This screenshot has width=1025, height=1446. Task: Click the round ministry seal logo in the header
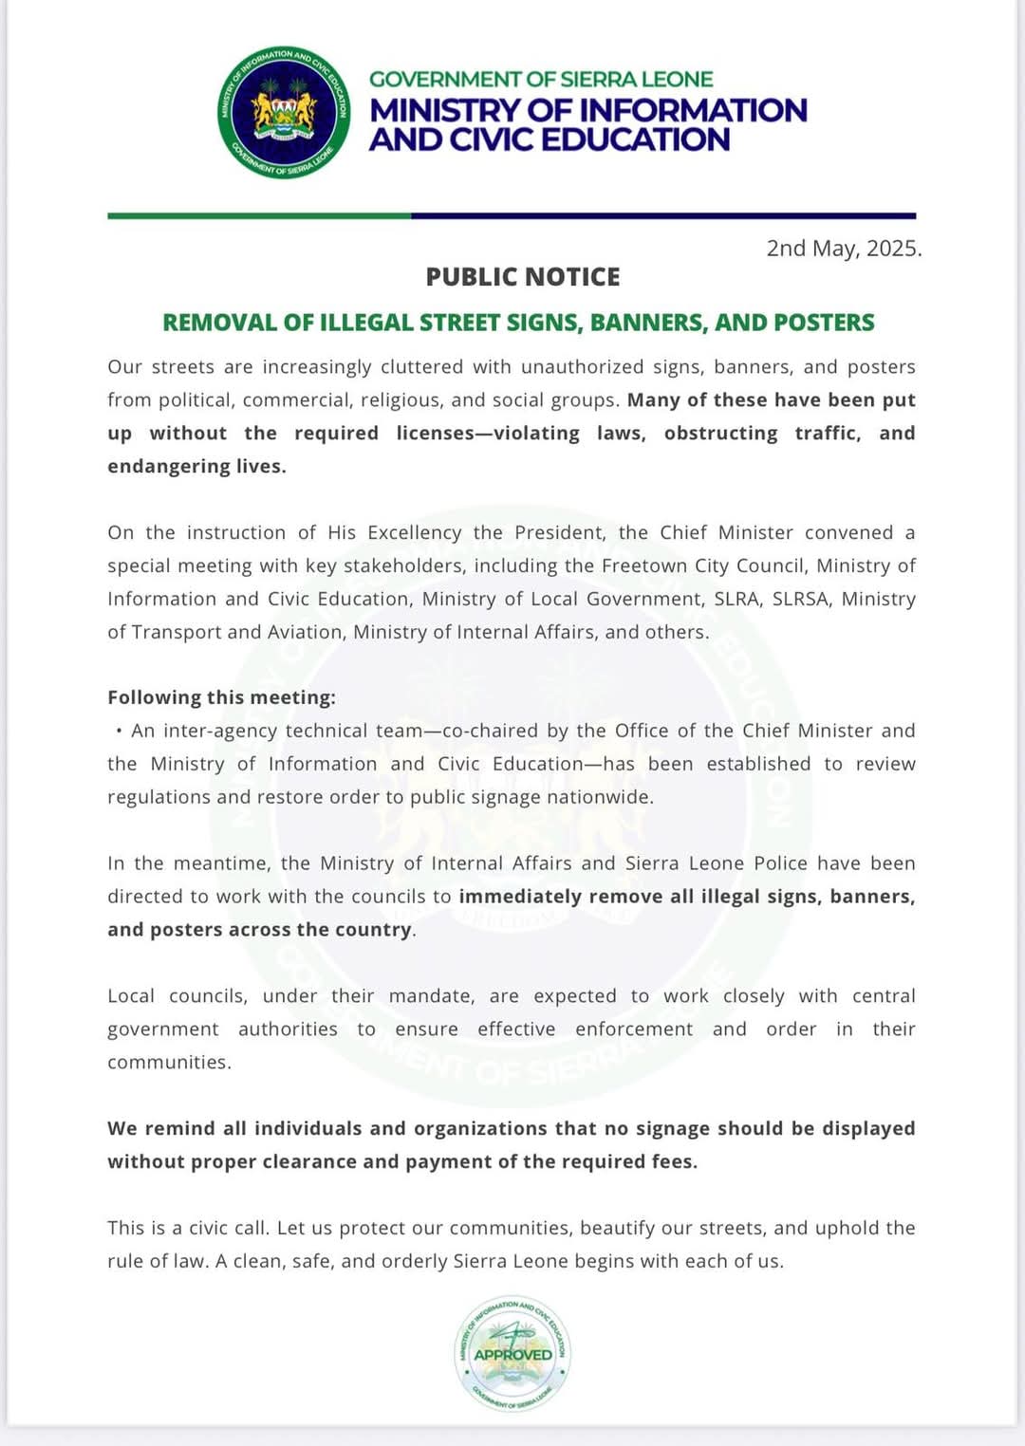point(284,112)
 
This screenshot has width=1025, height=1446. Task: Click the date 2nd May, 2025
point(843,249)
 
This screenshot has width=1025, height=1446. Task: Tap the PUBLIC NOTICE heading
point(523,277)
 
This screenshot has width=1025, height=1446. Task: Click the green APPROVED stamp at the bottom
point(512,1354)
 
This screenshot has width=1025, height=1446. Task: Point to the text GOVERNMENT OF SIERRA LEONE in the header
point(541,80)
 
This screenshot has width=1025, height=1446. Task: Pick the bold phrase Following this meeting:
point(221,697)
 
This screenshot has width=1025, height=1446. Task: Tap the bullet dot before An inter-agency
point(119,732)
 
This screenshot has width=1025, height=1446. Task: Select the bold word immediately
point(520,897)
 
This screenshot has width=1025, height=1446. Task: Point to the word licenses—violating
point(488,434)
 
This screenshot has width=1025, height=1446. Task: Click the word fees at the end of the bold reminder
point(673,1161)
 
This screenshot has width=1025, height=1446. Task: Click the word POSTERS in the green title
point(824,323)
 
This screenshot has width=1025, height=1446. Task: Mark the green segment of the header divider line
point(259,216)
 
